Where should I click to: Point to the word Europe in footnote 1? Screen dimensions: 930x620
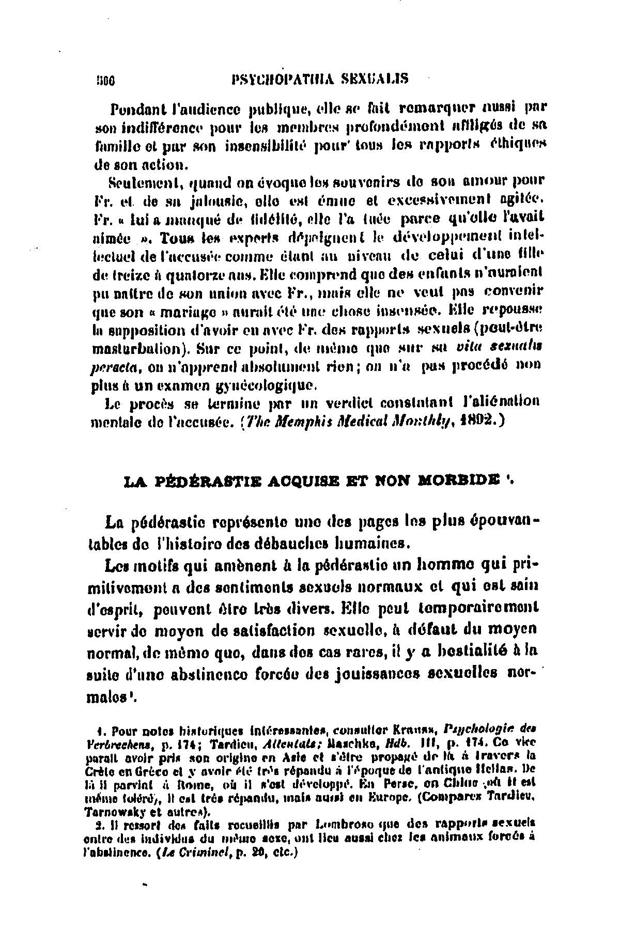click(x=395, y=801)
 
